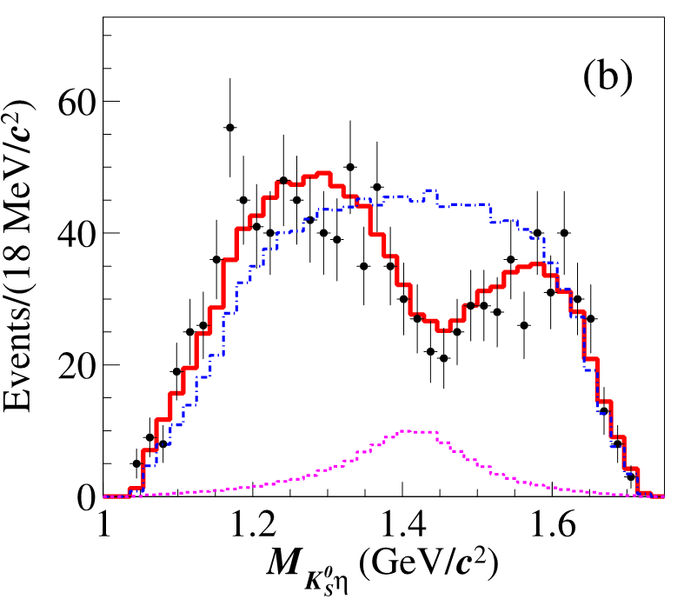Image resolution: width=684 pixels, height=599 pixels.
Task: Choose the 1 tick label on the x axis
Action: (104, 527)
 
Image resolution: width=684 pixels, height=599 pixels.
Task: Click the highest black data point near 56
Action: (230, 127)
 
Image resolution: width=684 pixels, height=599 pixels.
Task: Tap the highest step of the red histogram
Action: (323, 173)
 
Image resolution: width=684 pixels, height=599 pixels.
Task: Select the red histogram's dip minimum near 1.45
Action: (445, 330)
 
